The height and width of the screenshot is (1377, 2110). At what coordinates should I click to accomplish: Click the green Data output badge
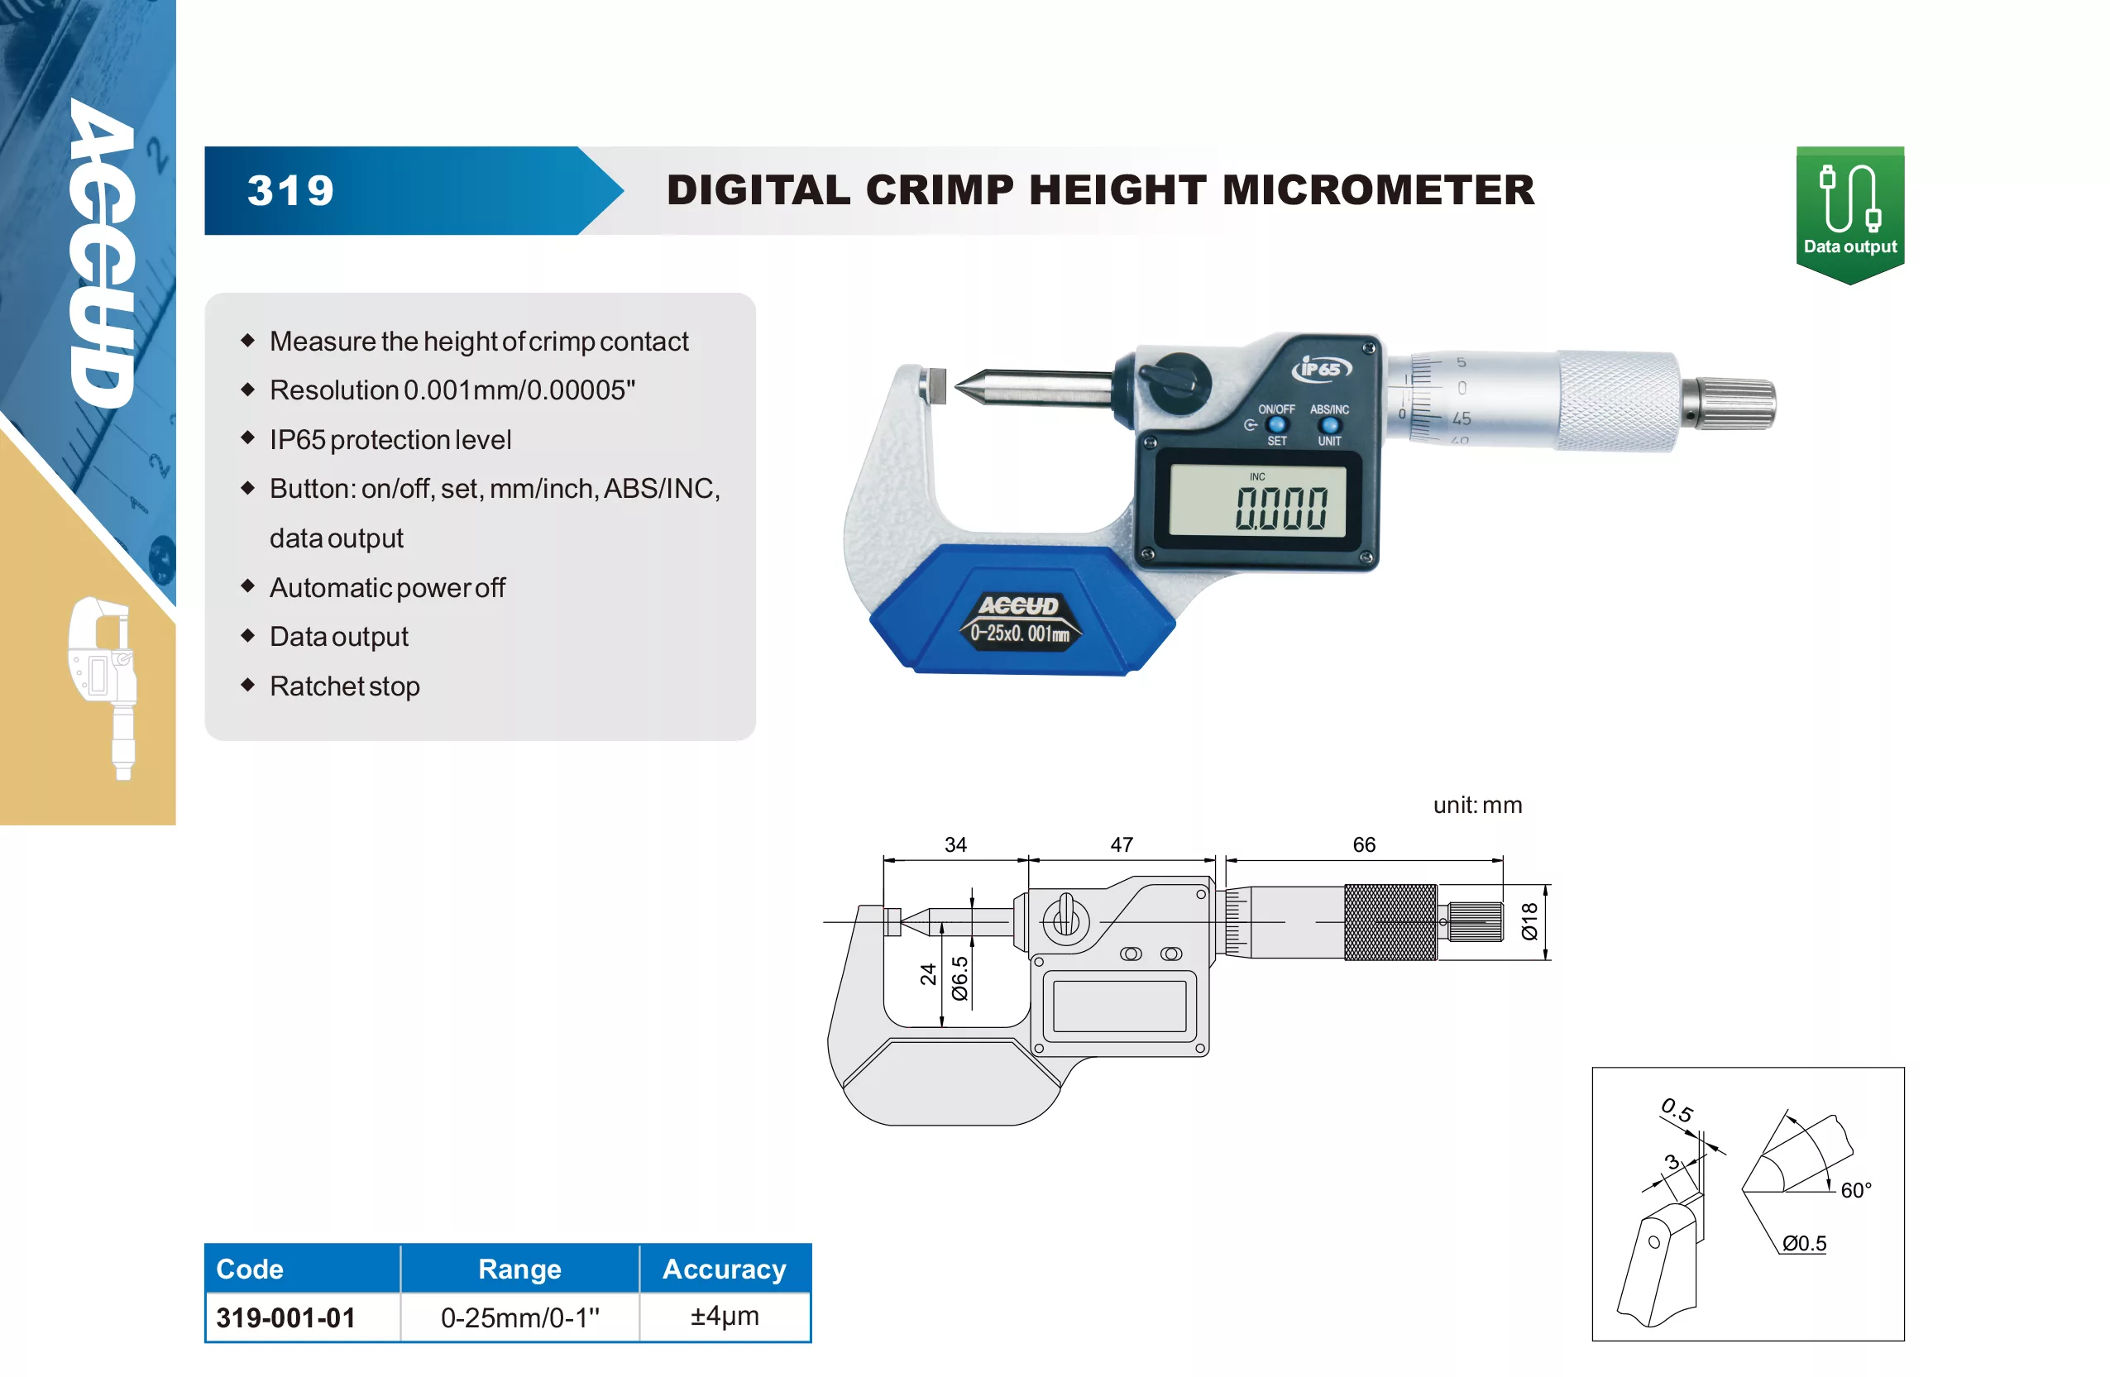pos(1849,214)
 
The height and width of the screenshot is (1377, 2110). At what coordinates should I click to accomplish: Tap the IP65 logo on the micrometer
pos(1321,368)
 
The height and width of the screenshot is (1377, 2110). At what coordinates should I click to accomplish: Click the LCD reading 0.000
pos(1281,508)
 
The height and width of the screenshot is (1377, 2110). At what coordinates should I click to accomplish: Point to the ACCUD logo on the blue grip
pos(1019,605)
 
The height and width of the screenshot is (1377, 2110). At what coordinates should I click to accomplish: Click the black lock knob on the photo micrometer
pos(1175,382)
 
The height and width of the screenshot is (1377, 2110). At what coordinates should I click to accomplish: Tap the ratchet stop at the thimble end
pos(1730,404)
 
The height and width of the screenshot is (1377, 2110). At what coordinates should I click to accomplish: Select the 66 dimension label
pos(1364,844)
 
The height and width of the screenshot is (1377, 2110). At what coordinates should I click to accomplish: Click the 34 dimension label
pos(955,844)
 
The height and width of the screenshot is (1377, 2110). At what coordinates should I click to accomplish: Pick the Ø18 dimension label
pos(1529,921)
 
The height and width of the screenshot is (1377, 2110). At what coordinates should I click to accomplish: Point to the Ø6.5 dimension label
pos(959,978)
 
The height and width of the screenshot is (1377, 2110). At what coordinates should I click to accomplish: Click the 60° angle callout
pos(1855,1190)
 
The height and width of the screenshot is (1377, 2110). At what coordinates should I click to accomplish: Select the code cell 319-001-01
pos(285,1317)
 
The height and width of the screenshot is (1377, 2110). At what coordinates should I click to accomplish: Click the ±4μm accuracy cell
pos(725,1316)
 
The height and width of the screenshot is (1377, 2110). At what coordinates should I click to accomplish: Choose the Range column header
pos(519,1269)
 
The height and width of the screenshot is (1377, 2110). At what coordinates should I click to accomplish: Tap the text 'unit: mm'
pos(1477,805)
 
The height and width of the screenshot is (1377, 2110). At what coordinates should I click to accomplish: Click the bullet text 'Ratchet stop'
pos(345,686)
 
